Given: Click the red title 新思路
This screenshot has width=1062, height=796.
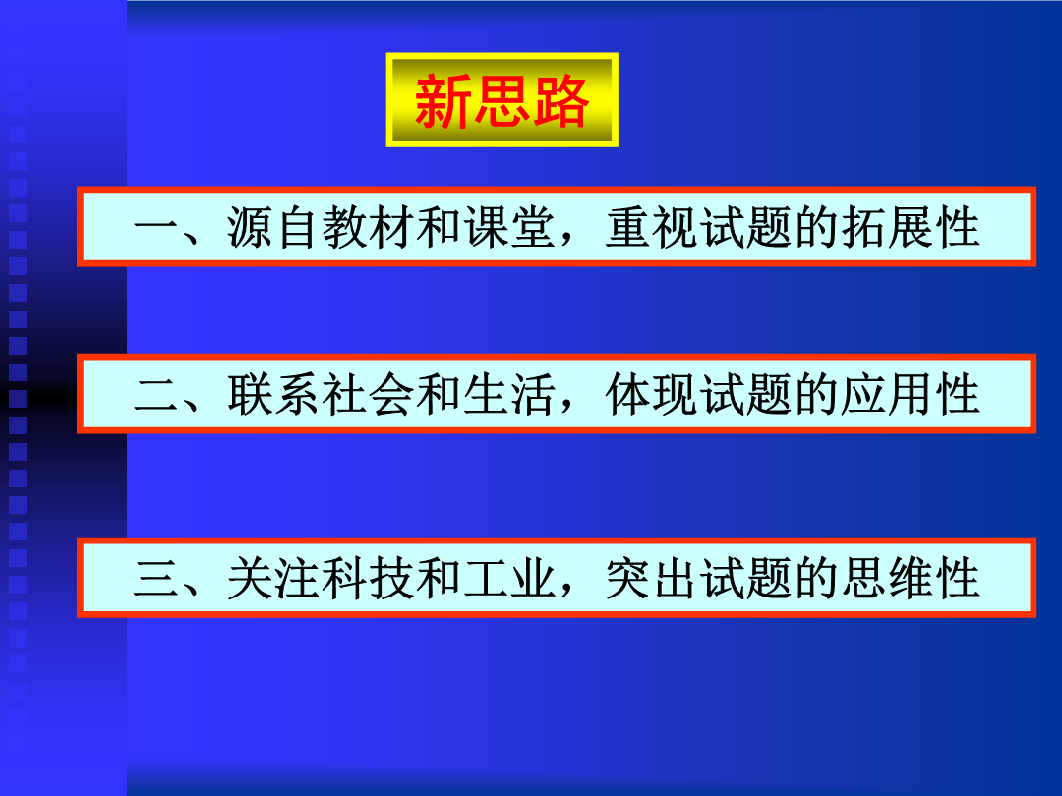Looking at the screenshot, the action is (x=501, y=101).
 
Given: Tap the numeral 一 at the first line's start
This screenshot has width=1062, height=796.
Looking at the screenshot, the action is (x=157, y=227).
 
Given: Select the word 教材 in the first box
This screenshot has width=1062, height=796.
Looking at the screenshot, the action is (x=369, y=227).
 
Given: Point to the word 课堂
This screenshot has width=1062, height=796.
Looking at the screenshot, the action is (x=510, y=227).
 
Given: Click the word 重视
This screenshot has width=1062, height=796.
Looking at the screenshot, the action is (x=652, y=227).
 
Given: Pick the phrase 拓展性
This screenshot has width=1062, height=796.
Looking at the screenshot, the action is (x=911, y=227).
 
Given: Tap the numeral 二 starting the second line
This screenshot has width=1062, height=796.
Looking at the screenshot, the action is (x=157, y=395).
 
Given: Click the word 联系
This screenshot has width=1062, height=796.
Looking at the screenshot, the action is (x=274, y=395).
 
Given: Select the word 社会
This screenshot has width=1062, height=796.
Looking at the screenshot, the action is (x=369, y=395).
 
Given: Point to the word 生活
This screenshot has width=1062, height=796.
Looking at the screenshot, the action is (x=510, y=395).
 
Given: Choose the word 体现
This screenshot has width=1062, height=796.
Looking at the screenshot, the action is (x=652, y=395).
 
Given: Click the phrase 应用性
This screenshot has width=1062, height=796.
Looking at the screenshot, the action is (x=911, y=395).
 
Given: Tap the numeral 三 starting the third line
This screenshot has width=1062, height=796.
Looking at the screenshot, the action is (x=157, y=579).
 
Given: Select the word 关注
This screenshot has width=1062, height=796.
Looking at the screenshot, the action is (x=274, y=579).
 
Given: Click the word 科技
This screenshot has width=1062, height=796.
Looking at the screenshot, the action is (x=369, y=579).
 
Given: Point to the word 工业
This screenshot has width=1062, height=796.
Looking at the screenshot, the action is (x=510, y=579).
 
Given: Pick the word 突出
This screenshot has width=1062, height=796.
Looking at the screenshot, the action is (x=652, y=579).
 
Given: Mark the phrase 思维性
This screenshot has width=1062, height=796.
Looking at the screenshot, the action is (x=911, y=579).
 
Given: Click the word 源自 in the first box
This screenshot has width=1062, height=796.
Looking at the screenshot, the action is (x=274, y=227).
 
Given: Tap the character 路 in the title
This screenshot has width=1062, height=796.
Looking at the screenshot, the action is (x=560, y=101).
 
